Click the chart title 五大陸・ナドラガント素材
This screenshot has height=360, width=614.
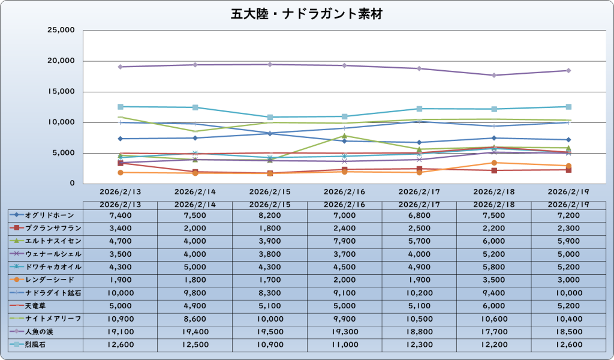306,14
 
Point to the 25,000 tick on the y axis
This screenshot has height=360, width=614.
60,30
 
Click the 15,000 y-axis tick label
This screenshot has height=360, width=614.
60,92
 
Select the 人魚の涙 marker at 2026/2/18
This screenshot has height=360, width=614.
494,75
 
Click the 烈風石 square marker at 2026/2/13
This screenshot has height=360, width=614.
121,106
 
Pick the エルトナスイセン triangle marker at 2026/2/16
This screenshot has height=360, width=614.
344,136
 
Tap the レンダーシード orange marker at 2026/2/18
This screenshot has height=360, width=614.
494,163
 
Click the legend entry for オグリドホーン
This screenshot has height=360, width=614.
46,214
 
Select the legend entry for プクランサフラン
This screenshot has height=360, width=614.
46,227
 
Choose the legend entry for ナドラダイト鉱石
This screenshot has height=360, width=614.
46,292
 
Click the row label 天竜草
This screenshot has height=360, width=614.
46,305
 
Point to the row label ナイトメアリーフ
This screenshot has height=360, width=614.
46,319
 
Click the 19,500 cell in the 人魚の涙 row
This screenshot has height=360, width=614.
270,332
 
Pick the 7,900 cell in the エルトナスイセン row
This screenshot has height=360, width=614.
344,241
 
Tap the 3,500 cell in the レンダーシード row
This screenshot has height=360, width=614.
494,280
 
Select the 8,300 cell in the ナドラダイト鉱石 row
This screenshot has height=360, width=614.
270,293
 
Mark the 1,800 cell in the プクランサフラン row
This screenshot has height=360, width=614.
270,227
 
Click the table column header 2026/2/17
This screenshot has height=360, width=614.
419,205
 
